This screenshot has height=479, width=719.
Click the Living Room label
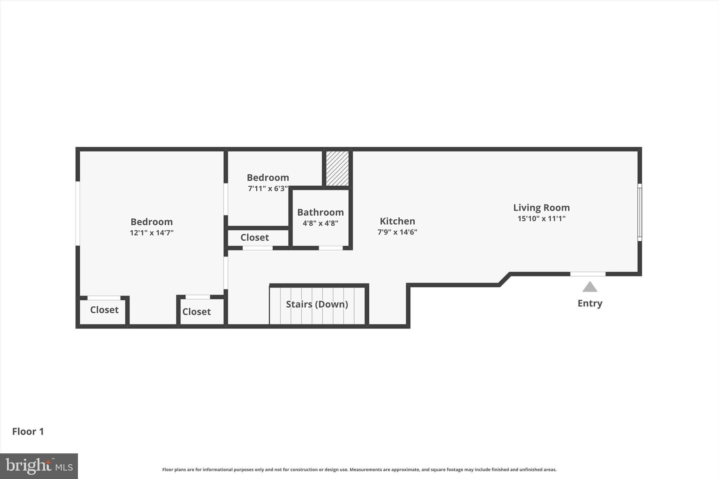click(541, 207)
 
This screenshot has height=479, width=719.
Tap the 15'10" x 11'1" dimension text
click(541, 219)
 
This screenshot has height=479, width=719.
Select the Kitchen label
click(397, 221)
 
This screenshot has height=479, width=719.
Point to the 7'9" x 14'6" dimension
click(397, 232)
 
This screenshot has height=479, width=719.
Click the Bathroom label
click(320, 212)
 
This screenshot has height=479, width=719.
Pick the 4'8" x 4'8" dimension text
click(320, 223)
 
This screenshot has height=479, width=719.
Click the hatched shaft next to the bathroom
click(337, 168)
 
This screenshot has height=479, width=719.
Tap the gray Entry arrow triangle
click(590, 287)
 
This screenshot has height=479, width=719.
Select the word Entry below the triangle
click(590, 303)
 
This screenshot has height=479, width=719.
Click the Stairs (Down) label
click(317, 304)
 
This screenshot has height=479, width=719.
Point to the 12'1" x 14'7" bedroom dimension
click(152, 233)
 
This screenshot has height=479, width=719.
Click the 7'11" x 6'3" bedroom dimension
click(268, 188)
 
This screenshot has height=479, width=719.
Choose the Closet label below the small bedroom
click(255, 238)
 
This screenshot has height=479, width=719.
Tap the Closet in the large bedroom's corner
click(104, 310)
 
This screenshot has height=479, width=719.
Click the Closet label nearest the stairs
click(196, 312)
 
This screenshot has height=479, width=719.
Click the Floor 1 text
click(28, 432)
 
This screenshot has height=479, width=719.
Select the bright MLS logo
click(39, 466)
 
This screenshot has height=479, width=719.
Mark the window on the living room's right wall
click(640, 212)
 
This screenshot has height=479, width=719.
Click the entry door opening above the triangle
click(588, 274)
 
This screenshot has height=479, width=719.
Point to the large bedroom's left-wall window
click(78, 213)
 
